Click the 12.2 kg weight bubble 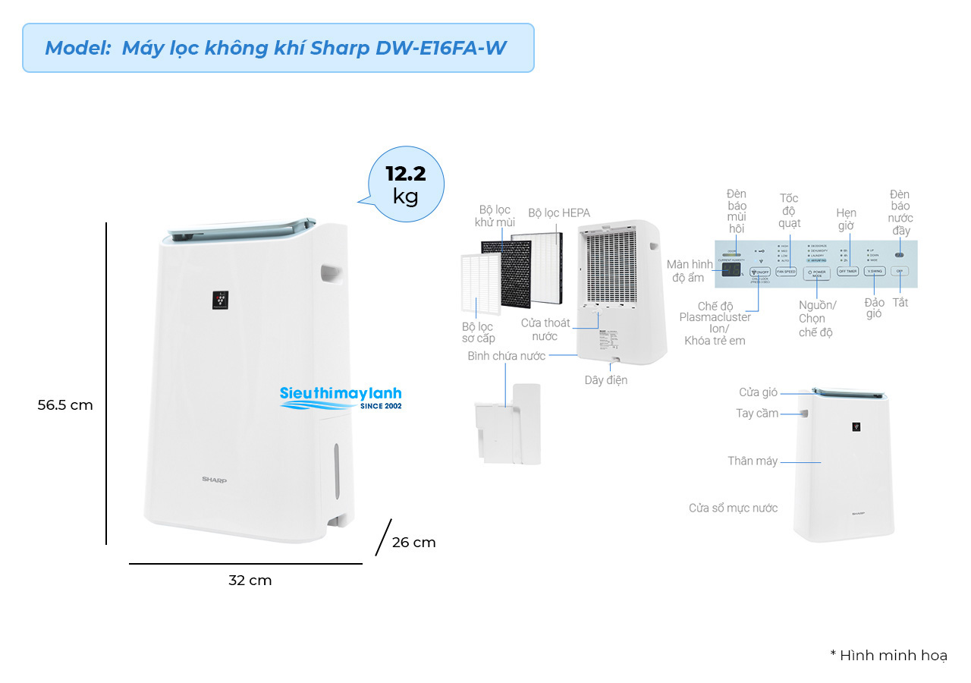(406, 184)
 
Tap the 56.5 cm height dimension (65, 405)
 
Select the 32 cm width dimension (250, 581)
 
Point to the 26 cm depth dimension (413, 543)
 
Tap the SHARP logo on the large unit (214, 480)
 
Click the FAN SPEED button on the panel (785, 271)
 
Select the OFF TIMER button (847, 271)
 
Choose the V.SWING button (874, 271)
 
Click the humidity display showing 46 (731, 271)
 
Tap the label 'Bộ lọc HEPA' (559, 213)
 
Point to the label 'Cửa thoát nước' (545, 329)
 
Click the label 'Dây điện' (605, 379)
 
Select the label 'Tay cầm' (757, 414)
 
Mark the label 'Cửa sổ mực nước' (733, 508)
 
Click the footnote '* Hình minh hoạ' (888, 655)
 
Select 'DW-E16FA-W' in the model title (441, 48)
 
